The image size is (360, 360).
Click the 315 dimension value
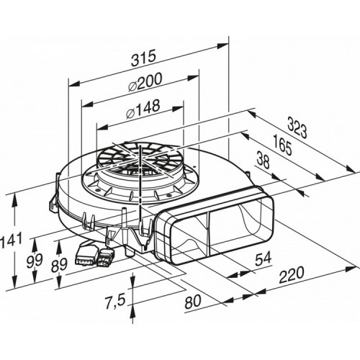[x=143, y=58]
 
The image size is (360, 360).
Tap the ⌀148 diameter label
[x=143, y=109]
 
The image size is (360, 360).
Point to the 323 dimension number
[x=297, y=128]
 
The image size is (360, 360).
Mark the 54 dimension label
[x=263, y=258]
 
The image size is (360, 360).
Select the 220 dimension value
[x=292, y=275]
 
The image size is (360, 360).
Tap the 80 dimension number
[x=192, y=302]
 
